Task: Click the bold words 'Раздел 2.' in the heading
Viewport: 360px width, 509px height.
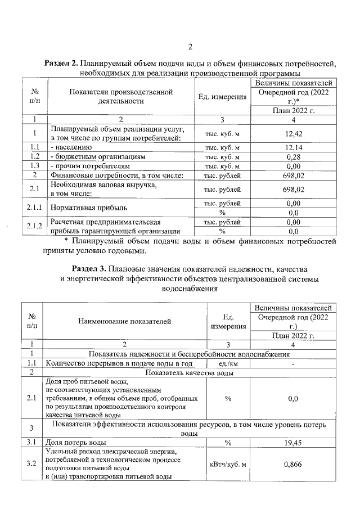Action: coord(61,64)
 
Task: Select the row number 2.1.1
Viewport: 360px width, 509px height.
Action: coord(35,208)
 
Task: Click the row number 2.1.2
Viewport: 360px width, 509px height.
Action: coord(35,226)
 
